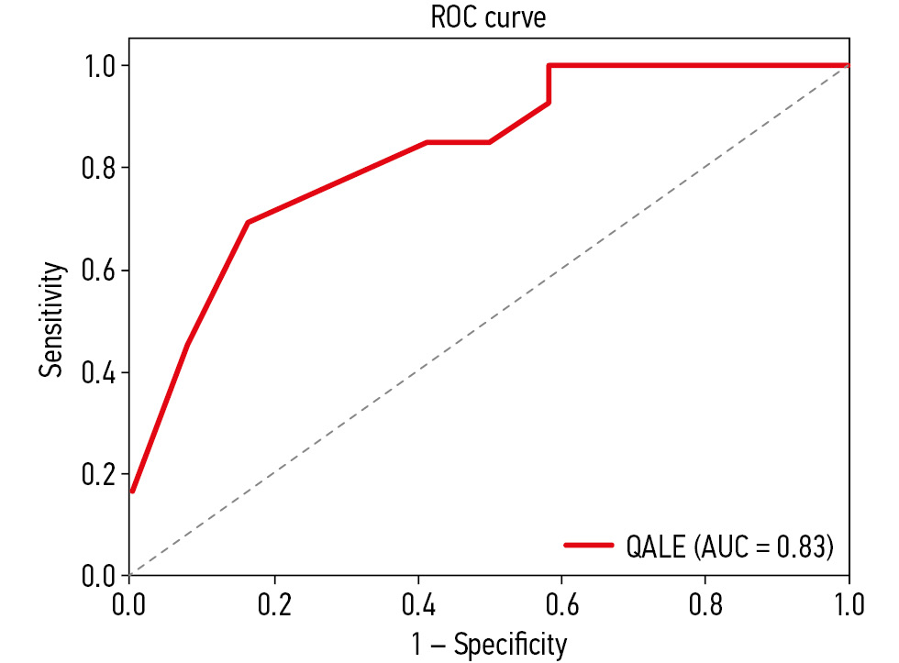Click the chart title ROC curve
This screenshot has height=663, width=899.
point(488,18)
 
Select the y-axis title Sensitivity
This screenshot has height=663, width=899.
point(52,320)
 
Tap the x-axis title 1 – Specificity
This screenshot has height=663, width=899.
point(488,644)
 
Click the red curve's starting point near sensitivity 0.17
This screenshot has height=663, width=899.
point(132,491)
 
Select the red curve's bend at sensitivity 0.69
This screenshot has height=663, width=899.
point(248,223)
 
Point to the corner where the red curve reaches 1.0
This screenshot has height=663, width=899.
point(548,66)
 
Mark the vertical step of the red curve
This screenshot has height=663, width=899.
point(548,84)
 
